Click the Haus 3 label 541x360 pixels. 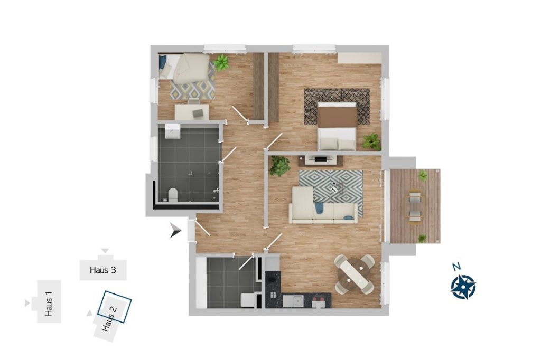[103, 270]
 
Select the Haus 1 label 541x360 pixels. [49, 304]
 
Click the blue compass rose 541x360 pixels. [463, 287]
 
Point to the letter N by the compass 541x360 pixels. [456, 267]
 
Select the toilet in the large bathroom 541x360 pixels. [172, 194]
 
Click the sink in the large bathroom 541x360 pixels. [172, 131]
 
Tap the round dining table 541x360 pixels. [355, 274]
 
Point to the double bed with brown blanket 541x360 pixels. [337, 126]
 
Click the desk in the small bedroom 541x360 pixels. [192, 112]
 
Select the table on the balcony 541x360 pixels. [414, 206]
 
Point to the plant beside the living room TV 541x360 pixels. [280, 166]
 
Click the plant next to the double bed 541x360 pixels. [371, 141]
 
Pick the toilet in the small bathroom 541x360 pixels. [247, 299]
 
